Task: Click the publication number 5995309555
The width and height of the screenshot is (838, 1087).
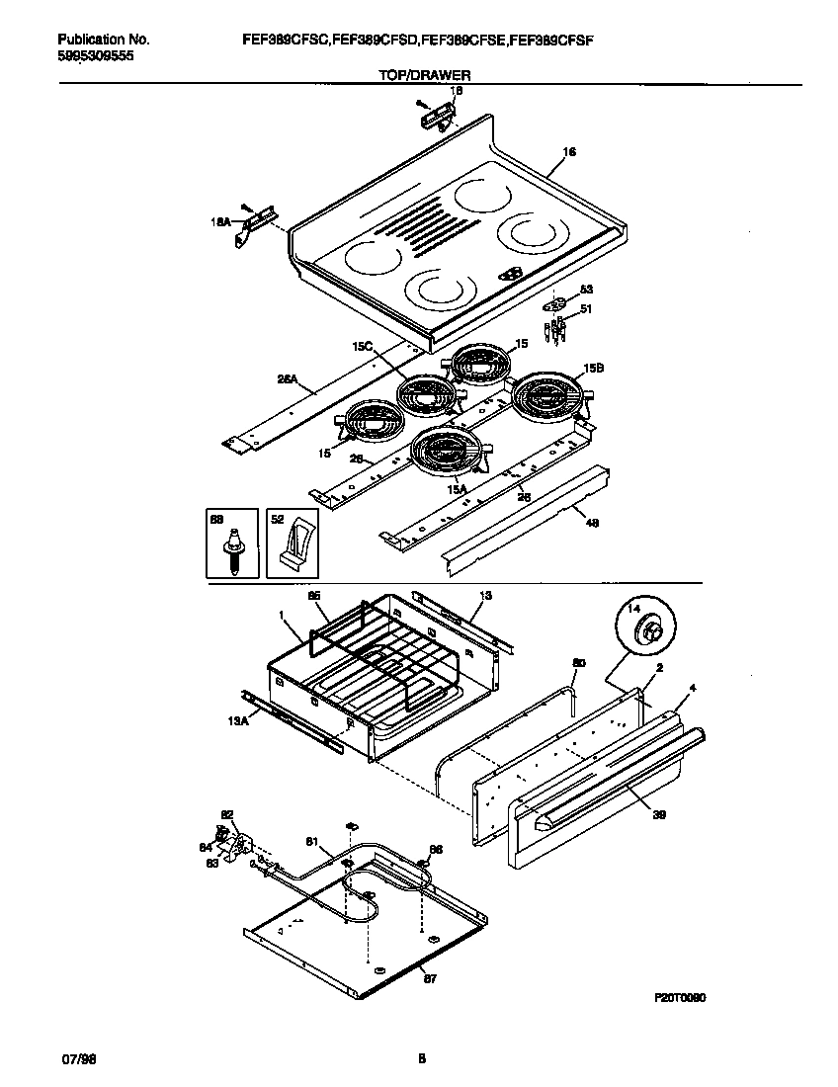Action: (x=95, y=56)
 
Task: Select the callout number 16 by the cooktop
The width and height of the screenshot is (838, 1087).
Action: (x=568, y=152)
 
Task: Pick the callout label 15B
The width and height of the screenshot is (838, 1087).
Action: (x=593, y=368)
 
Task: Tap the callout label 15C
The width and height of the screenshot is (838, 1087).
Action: (x=362, y=347)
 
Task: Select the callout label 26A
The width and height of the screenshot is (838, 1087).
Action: (x=289, y=377)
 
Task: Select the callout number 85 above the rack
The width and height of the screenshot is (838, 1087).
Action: (x=313, y=597)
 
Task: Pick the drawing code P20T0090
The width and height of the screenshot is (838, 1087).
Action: (x=679, y=998)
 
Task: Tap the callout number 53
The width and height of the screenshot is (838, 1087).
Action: (x=585, y=290)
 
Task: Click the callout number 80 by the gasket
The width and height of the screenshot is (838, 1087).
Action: (x=579, y=663)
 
